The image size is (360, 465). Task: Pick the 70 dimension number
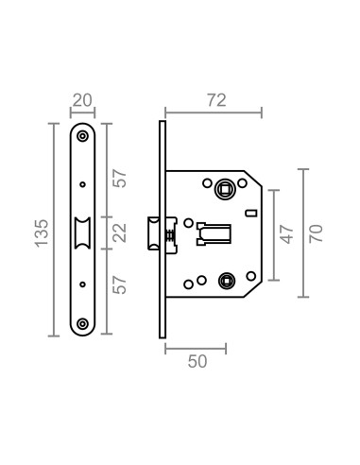318,232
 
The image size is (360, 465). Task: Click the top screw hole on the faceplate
83,136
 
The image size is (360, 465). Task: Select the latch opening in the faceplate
83,232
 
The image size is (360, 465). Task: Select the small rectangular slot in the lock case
249,214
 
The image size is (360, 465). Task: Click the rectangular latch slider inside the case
215,232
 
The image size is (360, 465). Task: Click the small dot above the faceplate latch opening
83,184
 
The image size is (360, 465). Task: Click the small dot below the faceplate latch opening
83,281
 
